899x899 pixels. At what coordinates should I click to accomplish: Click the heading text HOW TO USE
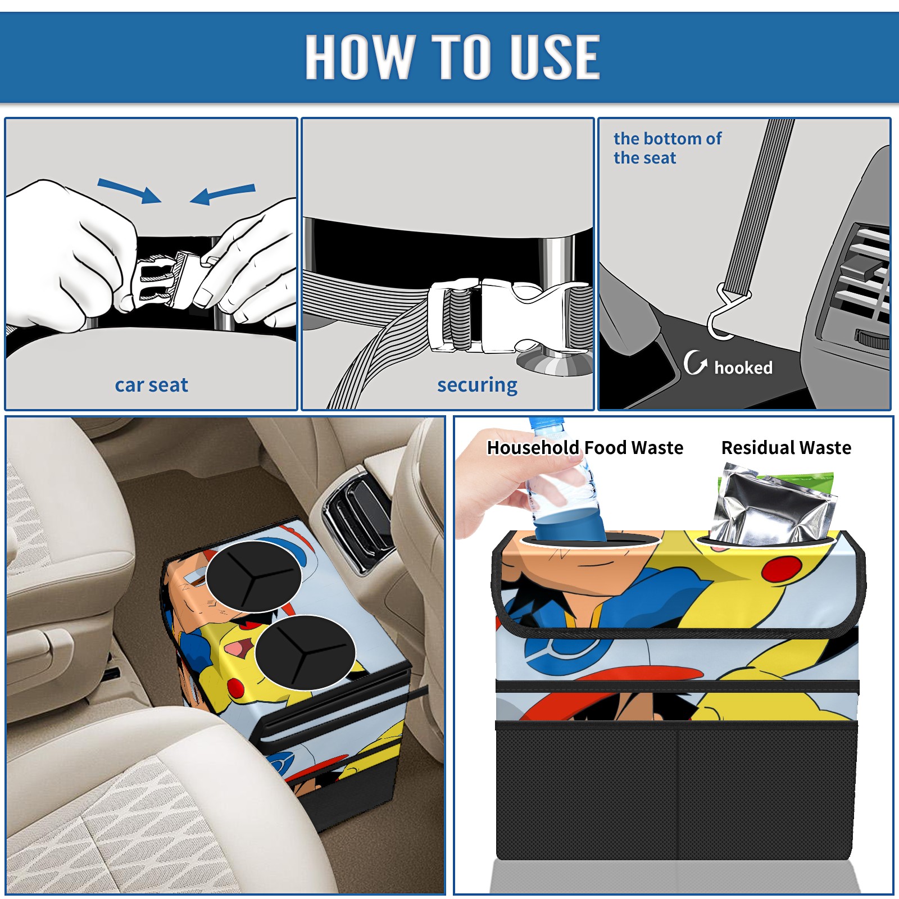point(452,56)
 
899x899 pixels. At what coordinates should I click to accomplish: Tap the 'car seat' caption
point(151,385)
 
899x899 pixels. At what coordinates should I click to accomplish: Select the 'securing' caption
point(477,385)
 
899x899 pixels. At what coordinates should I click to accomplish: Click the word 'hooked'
point(743,367)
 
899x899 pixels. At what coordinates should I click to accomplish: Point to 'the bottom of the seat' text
point(668,148)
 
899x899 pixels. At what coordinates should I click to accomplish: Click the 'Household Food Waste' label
point(585,448)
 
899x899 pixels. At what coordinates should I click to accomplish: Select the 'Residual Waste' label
point(786,448)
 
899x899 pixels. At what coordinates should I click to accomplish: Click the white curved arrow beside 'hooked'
point(694,362)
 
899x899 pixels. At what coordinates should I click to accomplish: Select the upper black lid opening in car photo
point(253,576)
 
